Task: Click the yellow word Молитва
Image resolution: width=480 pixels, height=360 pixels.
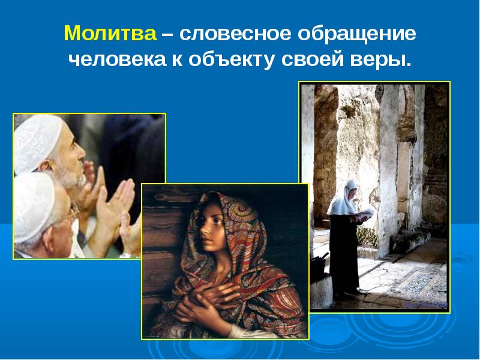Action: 110,34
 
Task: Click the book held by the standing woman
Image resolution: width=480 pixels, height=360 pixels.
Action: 367,213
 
